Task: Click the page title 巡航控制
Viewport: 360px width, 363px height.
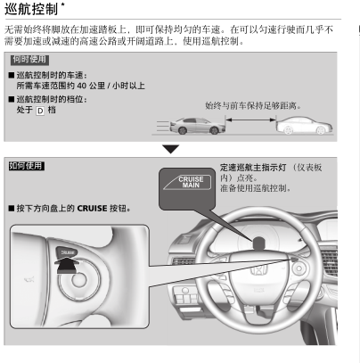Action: click(31, 9)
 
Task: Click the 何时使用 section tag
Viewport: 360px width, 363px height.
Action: click(29, 60)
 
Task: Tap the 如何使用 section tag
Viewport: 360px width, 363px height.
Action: click(26, 166)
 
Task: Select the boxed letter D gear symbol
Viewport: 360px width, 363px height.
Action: click(40, 111)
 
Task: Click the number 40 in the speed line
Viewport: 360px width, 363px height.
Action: click(81, 86)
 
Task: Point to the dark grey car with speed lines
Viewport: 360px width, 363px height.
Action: click(197, 126)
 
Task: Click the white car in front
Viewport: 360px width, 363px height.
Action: click(304, 125)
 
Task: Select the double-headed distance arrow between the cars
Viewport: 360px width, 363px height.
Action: click(250, 120)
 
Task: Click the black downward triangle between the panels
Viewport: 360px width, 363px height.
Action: click(171, 149)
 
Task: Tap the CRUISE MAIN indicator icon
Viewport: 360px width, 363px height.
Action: click(187, 182)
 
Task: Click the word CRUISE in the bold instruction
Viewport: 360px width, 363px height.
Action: click(92, 209)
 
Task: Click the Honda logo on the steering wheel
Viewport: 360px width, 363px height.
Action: click(259, 269)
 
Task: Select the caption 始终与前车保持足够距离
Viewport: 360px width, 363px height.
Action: click(253, 105)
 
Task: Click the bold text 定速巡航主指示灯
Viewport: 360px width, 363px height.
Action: click(253, 168)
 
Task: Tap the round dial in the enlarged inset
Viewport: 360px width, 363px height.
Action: click(79, 280)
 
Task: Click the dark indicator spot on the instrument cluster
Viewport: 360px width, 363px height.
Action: click(259, 243)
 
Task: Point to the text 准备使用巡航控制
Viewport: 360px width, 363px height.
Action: click(255, 188)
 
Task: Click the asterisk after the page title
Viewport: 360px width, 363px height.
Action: click(62, 4)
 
